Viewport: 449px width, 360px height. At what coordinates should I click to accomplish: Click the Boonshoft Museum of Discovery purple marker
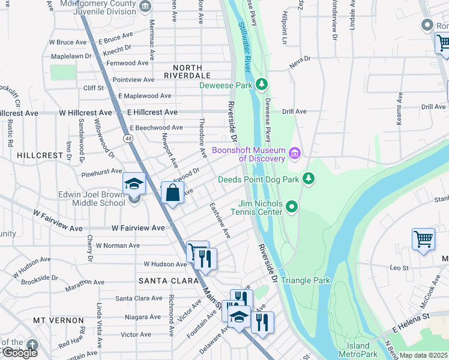(x=294, y=154)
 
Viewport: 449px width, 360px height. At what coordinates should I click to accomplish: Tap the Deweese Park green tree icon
(x=261, y=84)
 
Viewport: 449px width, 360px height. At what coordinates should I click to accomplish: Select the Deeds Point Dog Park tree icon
(x=309, y=178)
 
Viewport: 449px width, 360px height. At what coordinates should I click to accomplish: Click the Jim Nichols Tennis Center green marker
(x=292, y=207)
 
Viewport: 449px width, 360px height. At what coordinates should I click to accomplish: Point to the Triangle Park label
(x=306, y=280)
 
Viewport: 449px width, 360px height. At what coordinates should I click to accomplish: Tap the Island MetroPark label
(x=358, y=350)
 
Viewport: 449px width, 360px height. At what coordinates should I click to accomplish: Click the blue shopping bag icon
(x=172, y=193)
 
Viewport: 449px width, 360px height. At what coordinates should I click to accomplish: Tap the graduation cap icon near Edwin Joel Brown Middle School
(x=134, y=184)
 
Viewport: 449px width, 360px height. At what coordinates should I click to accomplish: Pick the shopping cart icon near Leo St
(x=423, y=239)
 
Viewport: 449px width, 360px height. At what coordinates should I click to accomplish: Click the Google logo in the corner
(x=20, y=353)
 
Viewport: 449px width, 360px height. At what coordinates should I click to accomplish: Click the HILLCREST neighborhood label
(x=40, y=155)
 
